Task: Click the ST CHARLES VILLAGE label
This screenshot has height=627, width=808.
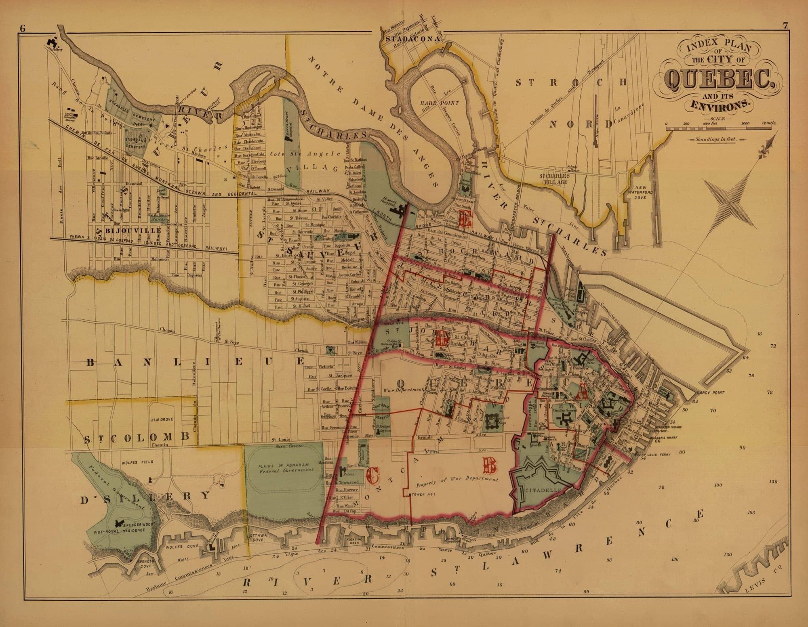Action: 559,179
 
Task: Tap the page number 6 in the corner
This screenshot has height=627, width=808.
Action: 23,28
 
